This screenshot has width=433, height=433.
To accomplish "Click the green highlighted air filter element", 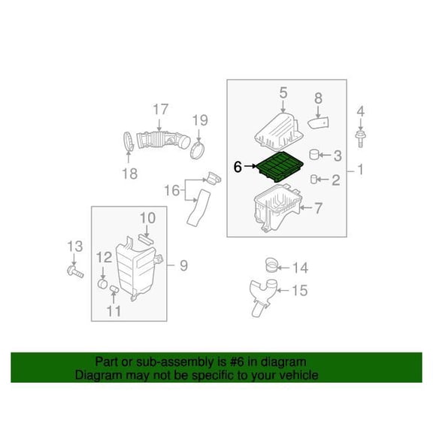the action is (280, 167).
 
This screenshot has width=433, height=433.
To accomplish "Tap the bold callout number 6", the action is (238, 167).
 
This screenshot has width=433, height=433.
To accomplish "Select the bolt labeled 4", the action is (360, 139).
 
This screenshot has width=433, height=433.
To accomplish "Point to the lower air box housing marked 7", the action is (277, 208).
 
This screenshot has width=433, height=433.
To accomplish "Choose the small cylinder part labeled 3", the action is (314, 154).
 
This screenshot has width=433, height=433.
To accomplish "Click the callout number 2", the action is (335, 180).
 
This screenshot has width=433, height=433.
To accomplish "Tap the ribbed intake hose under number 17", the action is (163, 140).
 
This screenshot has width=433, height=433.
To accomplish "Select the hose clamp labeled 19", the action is (198, 150).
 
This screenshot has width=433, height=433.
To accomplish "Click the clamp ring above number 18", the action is (128, 142).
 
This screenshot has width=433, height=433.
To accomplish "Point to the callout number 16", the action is (171, 190).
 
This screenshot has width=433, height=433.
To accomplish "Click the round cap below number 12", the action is (103, 283).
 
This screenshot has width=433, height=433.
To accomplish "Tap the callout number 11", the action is (114, 311).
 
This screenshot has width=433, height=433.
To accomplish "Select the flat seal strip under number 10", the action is (146, 238).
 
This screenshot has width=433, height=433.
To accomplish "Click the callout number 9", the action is (184, 265).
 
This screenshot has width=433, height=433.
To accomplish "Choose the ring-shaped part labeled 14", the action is (271, 265).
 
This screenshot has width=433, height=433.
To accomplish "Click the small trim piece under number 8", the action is (319, 123).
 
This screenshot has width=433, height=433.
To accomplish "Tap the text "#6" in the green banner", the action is (238, 362).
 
